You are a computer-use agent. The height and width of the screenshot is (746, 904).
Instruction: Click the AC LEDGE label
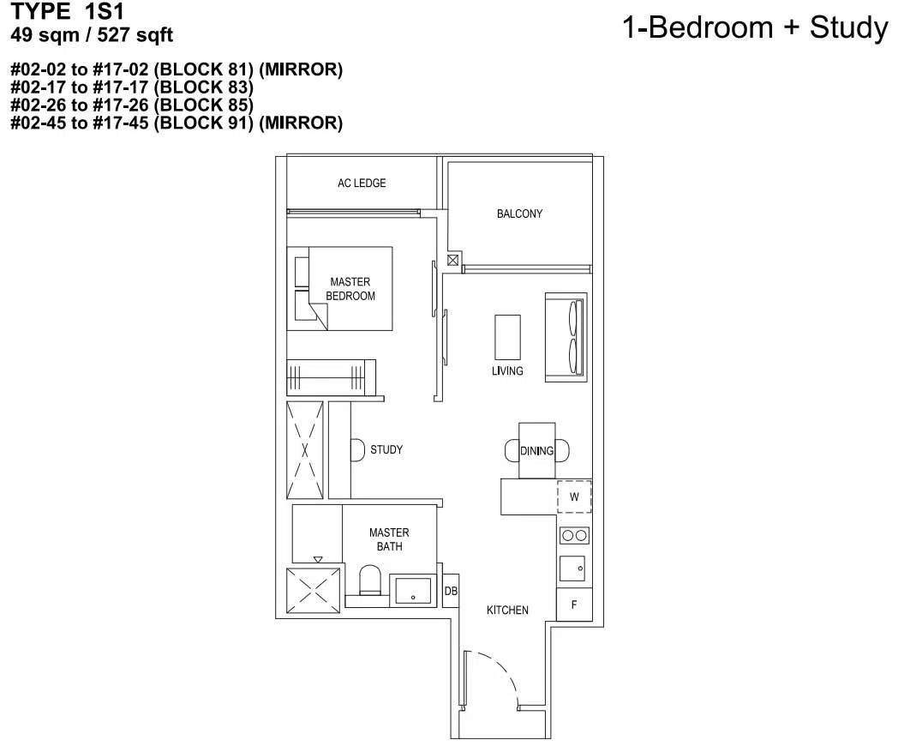(362, 183)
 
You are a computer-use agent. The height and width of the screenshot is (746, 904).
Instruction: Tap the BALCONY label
(519, 214)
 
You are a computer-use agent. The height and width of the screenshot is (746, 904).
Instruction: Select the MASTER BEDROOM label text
(350, 288)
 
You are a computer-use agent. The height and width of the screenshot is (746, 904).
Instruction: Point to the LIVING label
(507, 371)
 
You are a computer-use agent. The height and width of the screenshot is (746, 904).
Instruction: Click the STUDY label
(386, 449)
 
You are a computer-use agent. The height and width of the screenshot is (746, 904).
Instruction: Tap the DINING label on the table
(536, 451)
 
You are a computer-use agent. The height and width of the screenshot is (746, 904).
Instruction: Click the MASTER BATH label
(389, 538)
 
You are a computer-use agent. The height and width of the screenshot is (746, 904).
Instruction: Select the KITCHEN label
(507, 610)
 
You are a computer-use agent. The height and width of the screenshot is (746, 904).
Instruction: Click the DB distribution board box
(451, 591)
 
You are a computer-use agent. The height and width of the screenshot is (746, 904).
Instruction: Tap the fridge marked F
(574, 605)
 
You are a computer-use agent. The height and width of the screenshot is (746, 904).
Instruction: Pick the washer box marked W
(574, 496)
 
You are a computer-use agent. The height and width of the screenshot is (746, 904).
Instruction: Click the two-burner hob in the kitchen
(574, 535)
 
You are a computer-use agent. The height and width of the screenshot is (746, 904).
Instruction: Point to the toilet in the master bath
(369, 581)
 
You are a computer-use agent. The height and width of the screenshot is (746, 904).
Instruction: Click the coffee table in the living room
(507, 338)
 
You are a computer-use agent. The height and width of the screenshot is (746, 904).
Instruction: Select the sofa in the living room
(566, 338)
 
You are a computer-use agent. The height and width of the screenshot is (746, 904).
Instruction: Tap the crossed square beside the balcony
(453, 260)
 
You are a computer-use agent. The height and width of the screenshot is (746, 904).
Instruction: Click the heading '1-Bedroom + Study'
(755, 27)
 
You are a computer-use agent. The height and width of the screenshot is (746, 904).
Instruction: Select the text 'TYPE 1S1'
(68, 11)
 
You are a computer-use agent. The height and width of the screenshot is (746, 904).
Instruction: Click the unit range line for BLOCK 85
(132, 105)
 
